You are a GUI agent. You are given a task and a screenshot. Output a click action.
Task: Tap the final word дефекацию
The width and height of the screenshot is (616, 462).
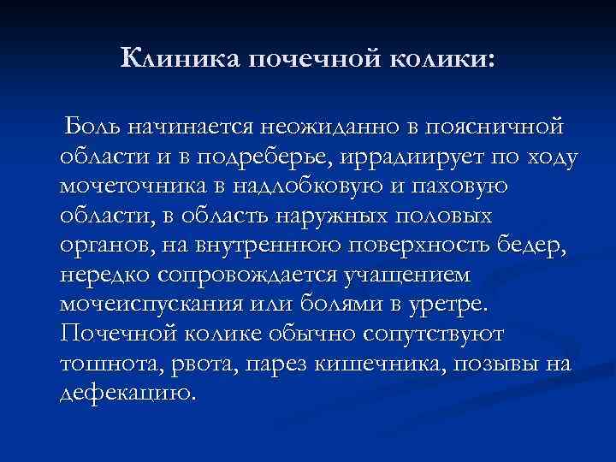(x=127, y=394)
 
